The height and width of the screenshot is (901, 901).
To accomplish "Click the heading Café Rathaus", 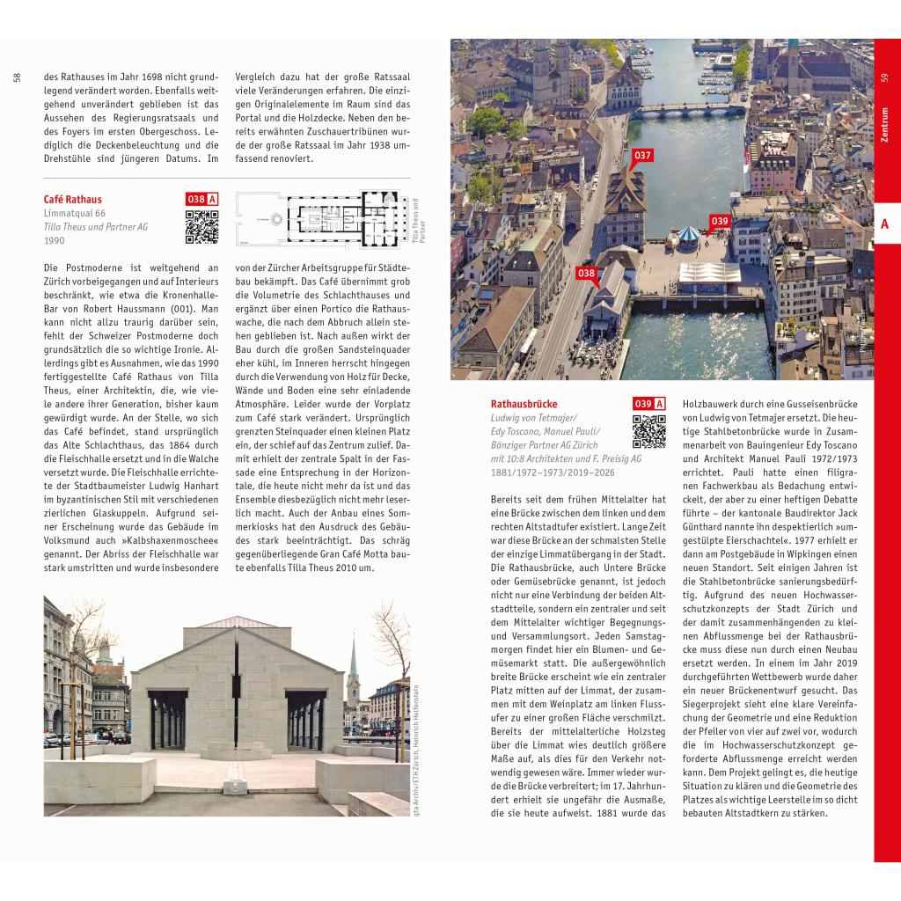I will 73,200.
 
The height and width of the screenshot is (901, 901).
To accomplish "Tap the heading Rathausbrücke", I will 524,404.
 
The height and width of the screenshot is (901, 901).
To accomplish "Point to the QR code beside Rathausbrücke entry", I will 648,432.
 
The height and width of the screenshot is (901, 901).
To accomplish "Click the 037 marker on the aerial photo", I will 642,157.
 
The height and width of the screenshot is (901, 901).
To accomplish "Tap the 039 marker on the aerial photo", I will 720,221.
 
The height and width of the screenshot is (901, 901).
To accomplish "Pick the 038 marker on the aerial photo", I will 587,274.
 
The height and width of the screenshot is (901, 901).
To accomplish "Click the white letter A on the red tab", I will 884,224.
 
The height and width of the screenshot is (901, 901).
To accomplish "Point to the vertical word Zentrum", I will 884,125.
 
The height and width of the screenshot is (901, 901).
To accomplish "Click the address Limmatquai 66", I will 75,214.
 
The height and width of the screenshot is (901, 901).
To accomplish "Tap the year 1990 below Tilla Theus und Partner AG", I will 55,239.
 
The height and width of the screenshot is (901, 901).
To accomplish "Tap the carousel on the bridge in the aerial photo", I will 688,234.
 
